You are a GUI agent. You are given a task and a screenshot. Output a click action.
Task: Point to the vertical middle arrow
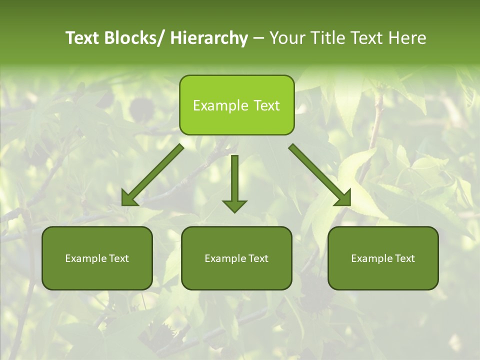234,180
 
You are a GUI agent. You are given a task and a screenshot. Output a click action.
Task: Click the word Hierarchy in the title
209,38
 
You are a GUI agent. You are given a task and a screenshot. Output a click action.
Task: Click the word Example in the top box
220,105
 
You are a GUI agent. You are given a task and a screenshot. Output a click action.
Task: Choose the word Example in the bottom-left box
85,258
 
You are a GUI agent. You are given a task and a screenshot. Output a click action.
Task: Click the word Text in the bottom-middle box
257,258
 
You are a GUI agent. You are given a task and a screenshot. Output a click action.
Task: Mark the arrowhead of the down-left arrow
129,198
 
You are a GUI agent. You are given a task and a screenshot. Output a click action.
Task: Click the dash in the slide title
258,38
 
